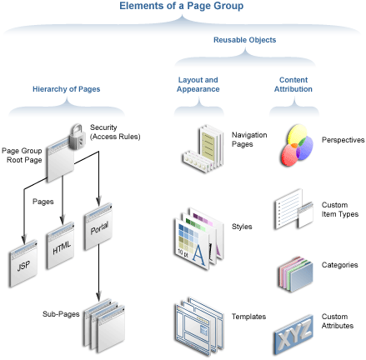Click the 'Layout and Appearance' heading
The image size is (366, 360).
(x=198, y=84)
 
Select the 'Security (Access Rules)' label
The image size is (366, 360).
(x=114, y=132)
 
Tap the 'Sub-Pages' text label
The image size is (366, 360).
(x=60, y=313)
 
